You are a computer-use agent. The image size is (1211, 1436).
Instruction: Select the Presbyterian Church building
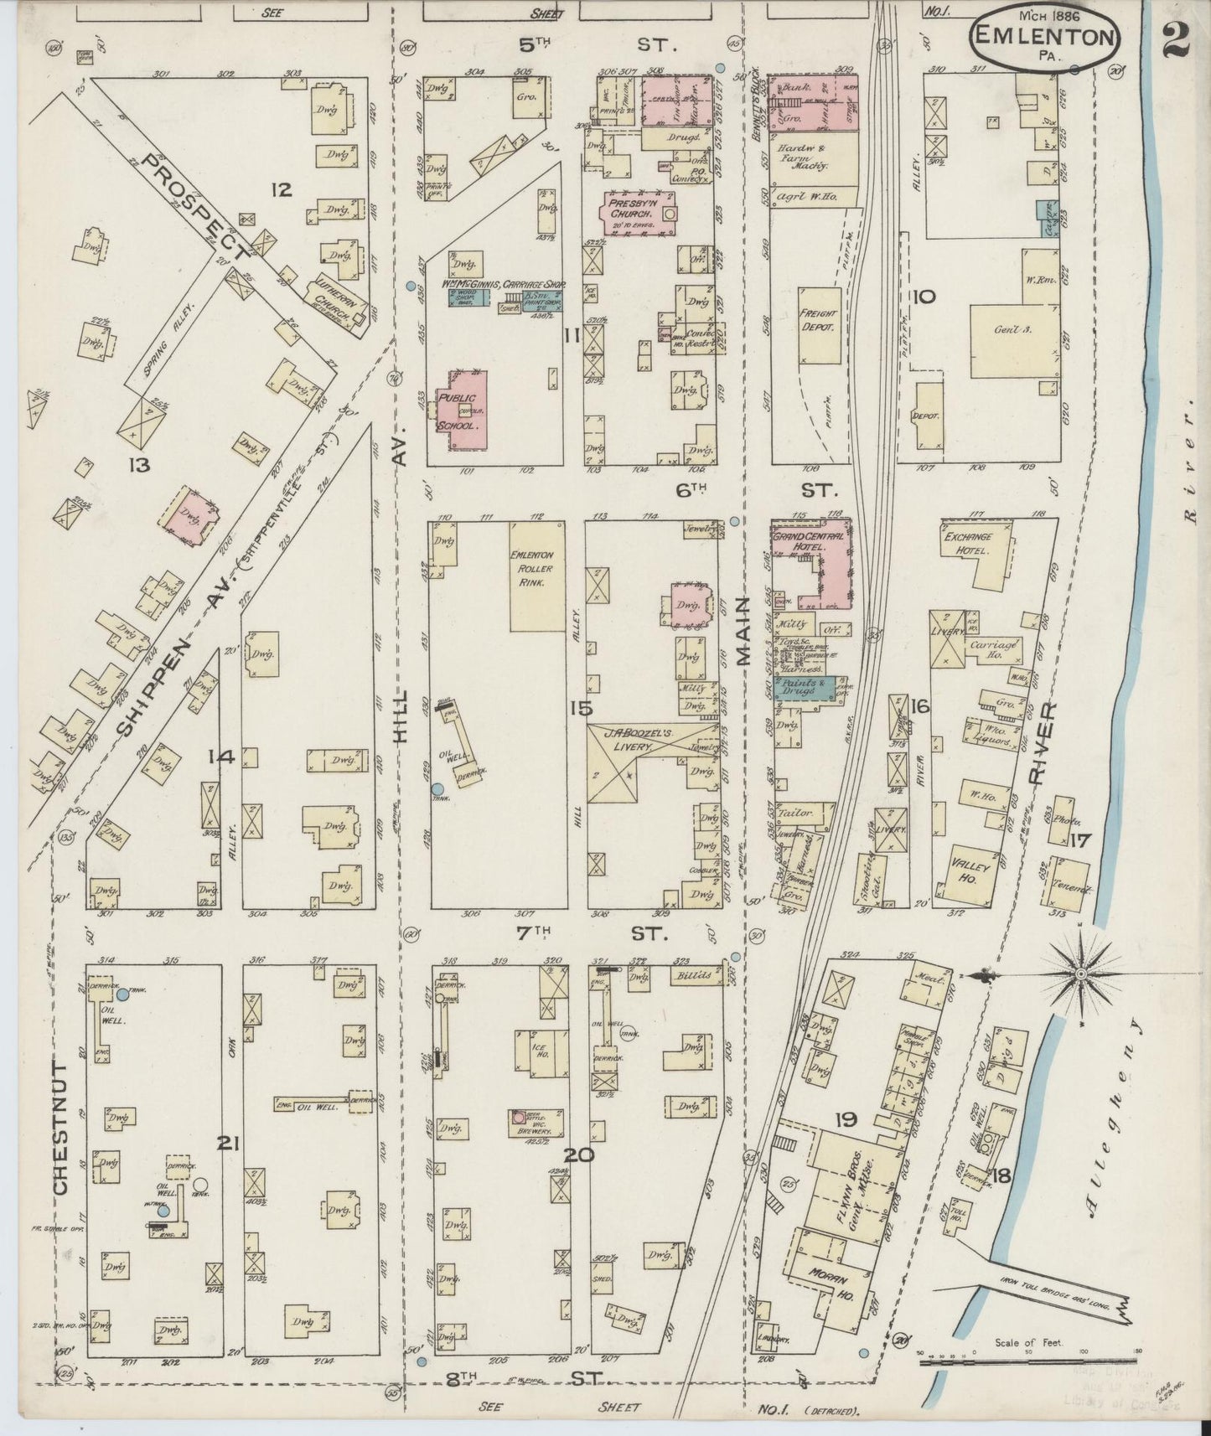637,212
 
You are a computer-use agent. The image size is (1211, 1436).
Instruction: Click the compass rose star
1081,975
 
